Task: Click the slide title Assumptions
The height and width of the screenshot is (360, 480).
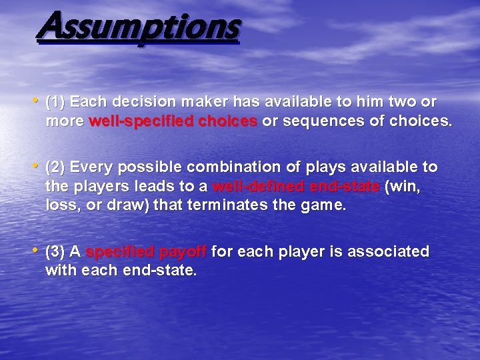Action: [x=139, y=28]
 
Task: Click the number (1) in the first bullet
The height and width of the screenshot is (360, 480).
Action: [x=55, y=102]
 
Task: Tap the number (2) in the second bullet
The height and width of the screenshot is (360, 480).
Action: [x=55, y=166]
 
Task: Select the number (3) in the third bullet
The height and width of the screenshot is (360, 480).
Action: [x=55, y=251]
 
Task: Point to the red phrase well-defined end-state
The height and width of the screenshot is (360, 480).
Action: [x=295, y=186]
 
